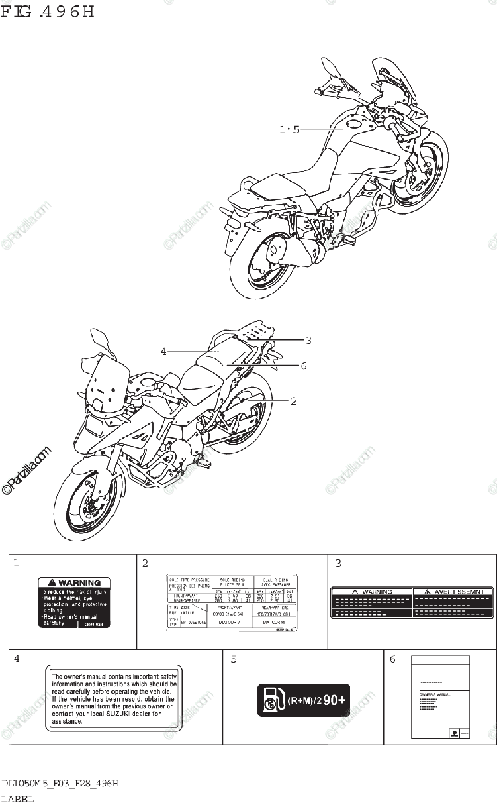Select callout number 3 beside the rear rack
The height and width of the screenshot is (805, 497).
point(308,340)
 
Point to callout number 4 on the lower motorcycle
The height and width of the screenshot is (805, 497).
point(163,350)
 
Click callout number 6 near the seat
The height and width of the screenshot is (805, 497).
point(304,365)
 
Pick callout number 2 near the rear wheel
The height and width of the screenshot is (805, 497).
point(293,400)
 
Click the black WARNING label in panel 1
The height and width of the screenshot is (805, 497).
point(74,602)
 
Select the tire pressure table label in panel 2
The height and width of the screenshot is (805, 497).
point(232,601)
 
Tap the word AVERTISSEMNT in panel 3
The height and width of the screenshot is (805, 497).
point(449,592)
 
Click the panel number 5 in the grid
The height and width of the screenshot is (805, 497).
point(233,659)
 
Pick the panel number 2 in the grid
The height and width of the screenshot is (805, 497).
point(145,563)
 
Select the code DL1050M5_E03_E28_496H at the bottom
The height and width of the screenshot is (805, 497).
point(60,784)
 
